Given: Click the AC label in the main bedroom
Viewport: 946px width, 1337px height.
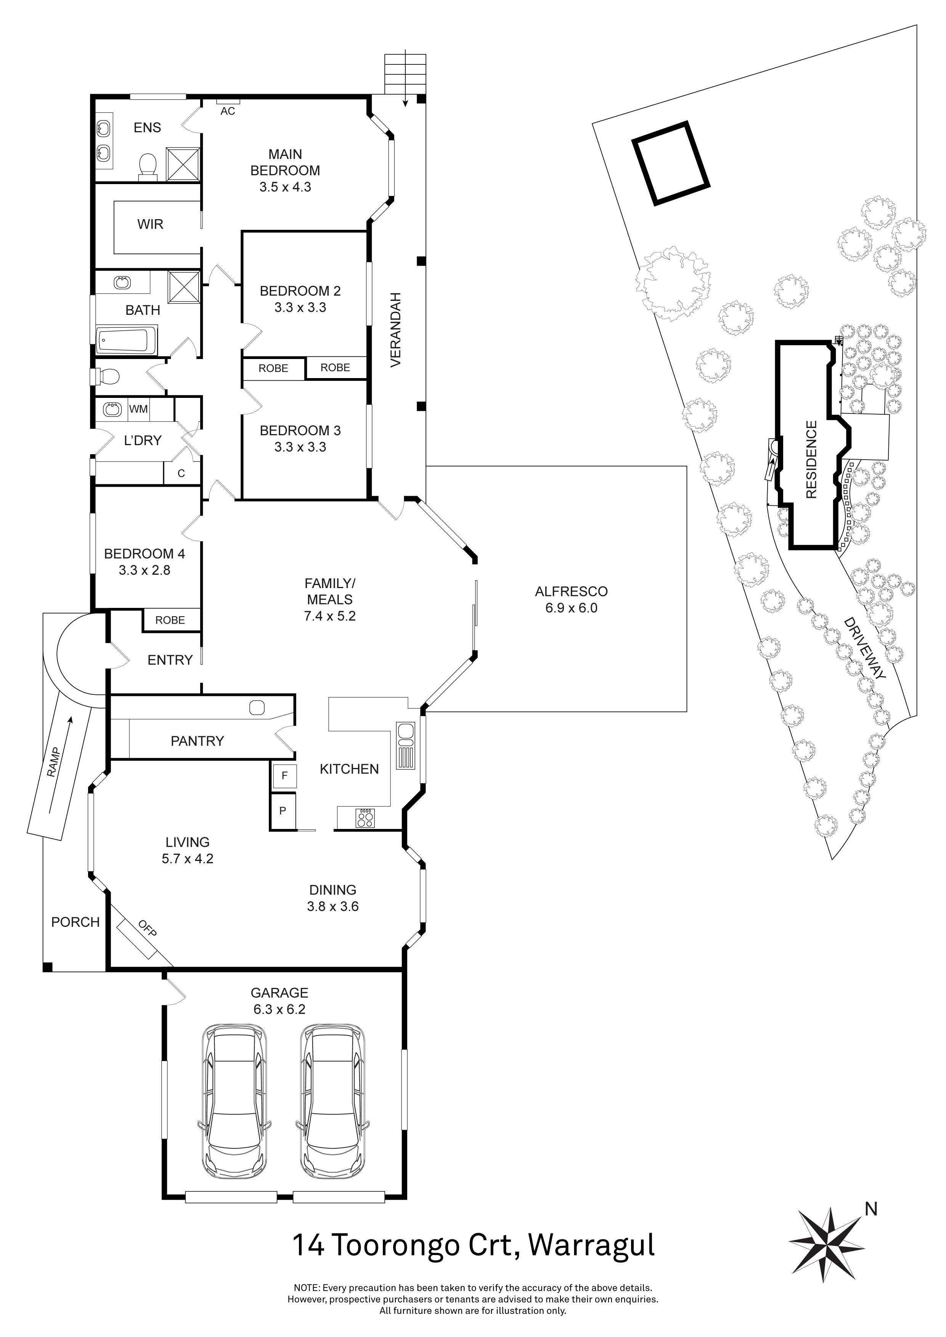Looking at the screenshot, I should pos(227,111).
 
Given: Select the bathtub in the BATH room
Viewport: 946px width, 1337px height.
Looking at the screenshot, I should pos(127,341).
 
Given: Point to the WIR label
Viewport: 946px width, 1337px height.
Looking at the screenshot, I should pos(150,224).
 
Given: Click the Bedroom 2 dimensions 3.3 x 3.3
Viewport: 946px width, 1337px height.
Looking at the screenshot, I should pos(300,308).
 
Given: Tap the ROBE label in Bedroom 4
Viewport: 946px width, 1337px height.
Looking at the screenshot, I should pos(170,620).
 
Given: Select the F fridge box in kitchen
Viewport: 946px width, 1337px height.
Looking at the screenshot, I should pos(284,776).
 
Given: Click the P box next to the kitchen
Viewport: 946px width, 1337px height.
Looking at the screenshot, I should pos(283,811).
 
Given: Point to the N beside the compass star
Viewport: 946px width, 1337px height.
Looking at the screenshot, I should pos(871,1209).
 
